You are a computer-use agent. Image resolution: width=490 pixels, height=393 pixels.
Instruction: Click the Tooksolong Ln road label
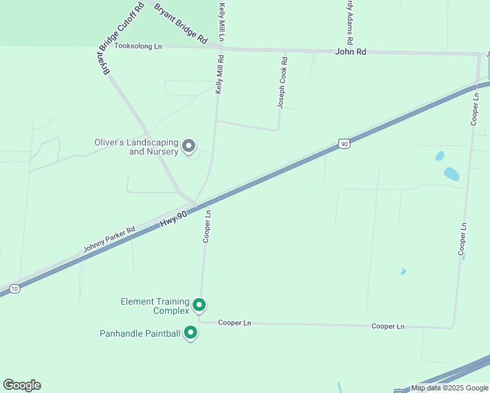point(138,47)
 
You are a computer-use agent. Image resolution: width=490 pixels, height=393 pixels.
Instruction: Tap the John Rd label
point(350,52)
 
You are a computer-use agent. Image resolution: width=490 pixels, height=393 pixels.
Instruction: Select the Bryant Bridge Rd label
point(180,24)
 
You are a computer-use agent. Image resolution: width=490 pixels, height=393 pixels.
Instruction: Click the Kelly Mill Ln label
point(222,21)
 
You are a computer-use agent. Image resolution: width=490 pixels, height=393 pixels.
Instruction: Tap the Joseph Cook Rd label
point(282,83)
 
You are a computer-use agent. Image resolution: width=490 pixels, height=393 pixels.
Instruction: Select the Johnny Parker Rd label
point(109,240)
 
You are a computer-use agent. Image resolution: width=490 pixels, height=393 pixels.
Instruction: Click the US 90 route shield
point(344,143)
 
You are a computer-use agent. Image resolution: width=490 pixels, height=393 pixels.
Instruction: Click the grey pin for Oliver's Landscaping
point(189,146)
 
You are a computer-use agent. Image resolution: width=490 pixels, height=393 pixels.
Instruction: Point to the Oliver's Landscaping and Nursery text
point(136,147)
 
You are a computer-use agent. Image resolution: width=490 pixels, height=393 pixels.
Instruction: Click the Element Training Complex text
point(155,306)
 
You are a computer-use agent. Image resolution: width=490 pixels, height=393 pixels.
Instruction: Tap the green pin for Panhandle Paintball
point(191,333)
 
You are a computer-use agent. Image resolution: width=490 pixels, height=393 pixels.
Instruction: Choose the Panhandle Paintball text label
point(140,333)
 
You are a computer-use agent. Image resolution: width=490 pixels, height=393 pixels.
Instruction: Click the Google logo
point(22,385)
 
